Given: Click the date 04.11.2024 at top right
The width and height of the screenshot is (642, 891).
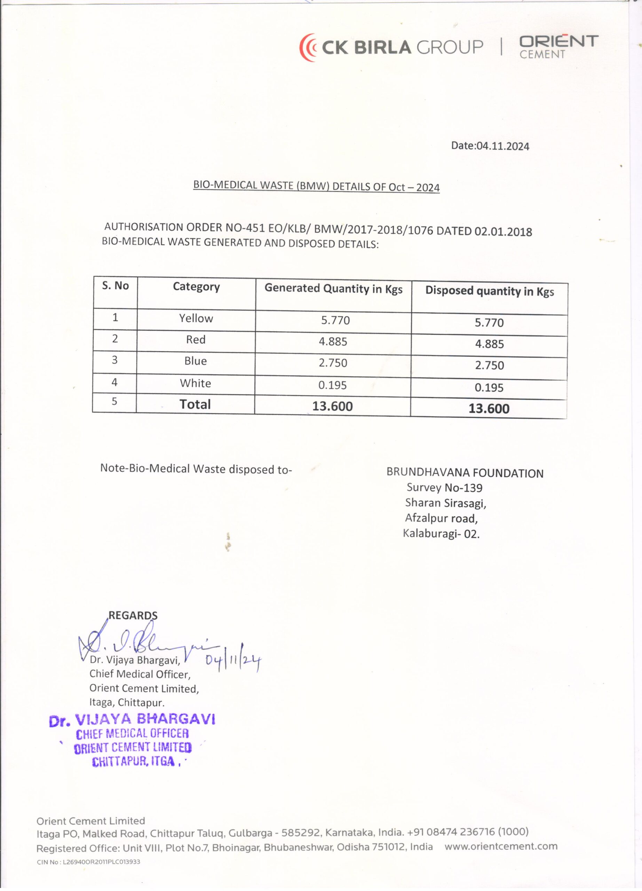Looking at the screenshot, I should pyautogui.click(x=490, y=146).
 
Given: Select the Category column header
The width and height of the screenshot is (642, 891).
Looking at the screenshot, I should pyautogui.click(x=196, y=287).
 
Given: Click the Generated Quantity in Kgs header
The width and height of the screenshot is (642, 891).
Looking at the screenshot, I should pyautogui.click(x=333, y=289).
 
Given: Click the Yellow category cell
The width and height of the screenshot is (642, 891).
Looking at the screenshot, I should pyautogui.click(x=196, y=318).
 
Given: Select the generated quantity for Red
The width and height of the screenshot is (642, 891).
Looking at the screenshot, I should pyautogui.click(x=333, y=341).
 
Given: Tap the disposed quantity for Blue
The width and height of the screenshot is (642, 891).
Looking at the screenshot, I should pyautogui.click(x=489, y=365).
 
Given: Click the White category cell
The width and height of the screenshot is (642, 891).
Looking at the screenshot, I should pyautogui.click(x=195, y=383).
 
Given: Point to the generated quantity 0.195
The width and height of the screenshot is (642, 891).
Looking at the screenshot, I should pyautogui.click(x=332, y=385).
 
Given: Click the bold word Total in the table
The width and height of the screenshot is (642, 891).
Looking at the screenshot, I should pyautogui.click(x=195, y=404).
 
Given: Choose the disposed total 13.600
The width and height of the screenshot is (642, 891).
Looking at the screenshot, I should pyautogui.click(x=489, y=409).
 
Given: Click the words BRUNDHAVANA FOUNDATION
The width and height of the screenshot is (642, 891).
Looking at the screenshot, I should pyautogui.click(x=465, y=473).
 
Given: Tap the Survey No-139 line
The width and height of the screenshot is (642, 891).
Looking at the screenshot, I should pyautogui.click(x=444, y=488).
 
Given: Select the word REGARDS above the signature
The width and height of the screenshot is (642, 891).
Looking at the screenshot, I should pyautogui.click(x=133, y=616).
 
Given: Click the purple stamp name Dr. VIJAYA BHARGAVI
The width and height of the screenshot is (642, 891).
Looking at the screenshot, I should pyautogui.click(x=132, y=720).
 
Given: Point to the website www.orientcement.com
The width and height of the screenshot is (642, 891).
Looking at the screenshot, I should pyautogui.click(x=501, y=846).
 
